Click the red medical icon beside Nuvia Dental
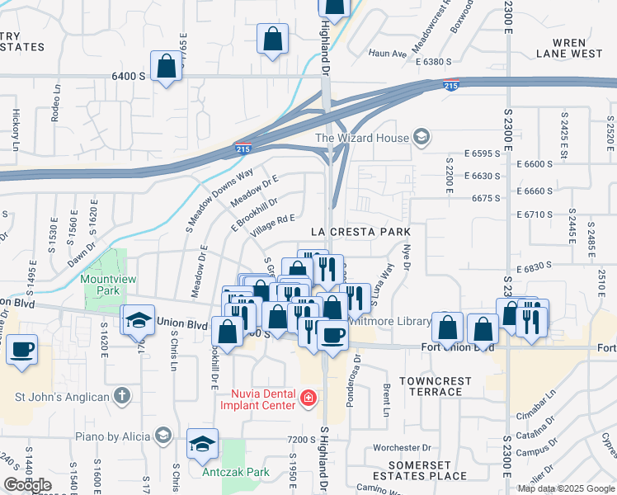click(308, 399)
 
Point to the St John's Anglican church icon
click(122, 397)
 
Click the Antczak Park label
click(236, 473)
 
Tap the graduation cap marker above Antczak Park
click(202, 444)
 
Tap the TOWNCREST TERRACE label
click(436, 386)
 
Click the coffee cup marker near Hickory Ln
click(21, 349)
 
